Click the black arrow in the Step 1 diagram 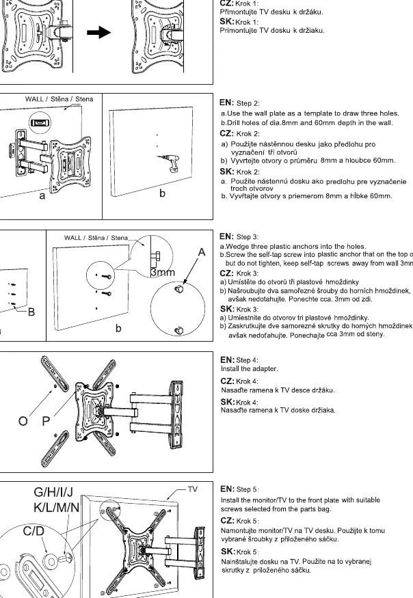click(x=98, y=32)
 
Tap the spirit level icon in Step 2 click(x=40, y=123)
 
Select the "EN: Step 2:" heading click(x=239, y=103)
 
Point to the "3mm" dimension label click(x=162, y=272)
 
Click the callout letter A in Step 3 click(x=202, y=252)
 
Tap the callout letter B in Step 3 click(x=31, y=312)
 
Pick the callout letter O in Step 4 click(x=23, y=421)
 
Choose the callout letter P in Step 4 click(x=46, y=421)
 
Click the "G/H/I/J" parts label click(x=53, y=492)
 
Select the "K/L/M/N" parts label click(x=57, y=508)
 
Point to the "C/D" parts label click(x=34, y=531)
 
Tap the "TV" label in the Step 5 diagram click(x=193, y=489)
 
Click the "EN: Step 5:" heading click(x=240, y=489)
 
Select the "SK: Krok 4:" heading click(x=239, y=402)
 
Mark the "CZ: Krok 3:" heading click(x=239, y=273)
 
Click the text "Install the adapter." click(x=250, y=369)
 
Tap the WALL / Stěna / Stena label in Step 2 click(x=59, y=99)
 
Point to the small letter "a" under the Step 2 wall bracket click(x=42, y=196)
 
